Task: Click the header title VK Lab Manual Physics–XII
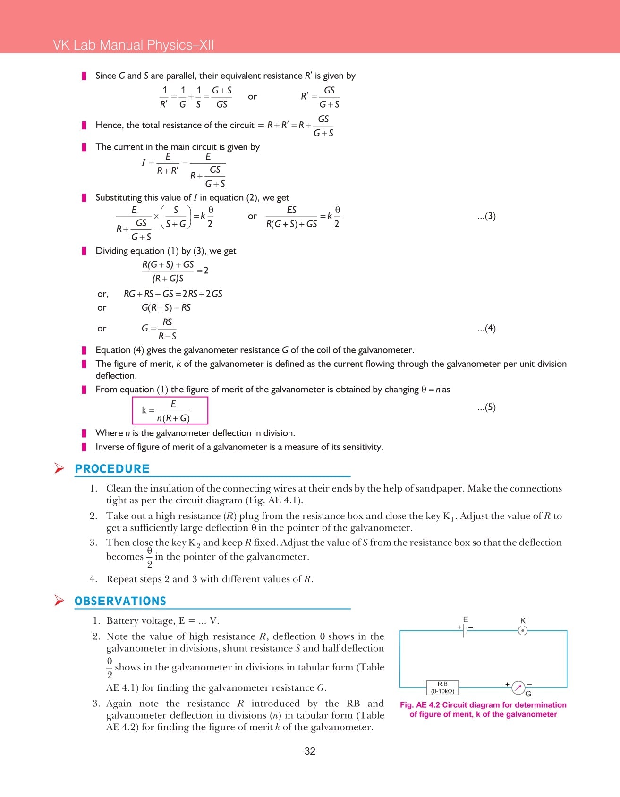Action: click(133, 45)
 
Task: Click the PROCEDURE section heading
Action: click(112, 469)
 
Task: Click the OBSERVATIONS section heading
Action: click(120, 601)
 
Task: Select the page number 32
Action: click(310, 751)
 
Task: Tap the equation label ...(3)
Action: click(486, 216)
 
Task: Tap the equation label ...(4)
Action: click(486, 328)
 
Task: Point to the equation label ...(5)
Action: click(486, 407)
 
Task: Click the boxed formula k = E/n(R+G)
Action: click(170, 410)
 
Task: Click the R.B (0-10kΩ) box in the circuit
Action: click(442, 687)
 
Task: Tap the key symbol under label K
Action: click(522, 630)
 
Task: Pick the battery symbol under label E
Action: click(465, 630)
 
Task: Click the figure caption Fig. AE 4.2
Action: click(483, 709)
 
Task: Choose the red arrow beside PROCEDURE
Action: click(59, 468)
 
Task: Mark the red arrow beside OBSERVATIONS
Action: click(59, 601)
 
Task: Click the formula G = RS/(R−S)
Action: click(159, 329)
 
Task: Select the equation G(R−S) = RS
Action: click(166, 307)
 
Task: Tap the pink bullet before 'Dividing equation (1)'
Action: click(84, 251)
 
